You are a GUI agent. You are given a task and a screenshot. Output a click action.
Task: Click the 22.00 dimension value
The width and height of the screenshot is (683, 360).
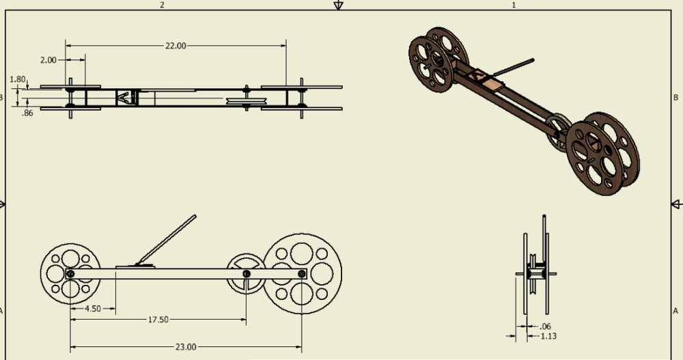[175, 46]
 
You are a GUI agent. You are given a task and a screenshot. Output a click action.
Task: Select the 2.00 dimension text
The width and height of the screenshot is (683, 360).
[48, 60]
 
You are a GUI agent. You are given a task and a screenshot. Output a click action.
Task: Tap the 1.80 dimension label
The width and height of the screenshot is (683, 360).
[18, 79]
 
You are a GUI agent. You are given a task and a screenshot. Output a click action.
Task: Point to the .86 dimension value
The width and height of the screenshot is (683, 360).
[27, 113]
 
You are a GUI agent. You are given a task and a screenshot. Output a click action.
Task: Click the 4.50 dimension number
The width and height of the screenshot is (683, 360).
[93, 309]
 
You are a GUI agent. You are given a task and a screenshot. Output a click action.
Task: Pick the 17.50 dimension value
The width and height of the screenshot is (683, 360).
[158, 320]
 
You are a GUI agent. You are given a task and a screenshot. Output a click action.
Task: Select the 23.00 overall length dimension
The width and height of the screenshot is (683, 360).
[186, 347]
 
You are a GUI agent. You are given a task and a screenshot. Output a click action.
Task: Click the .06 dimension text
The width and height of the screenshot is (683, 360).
[545, 326]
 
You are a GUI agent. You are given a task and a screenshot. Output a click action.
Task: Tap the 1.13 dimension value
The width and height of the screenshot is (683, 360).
[548, 336]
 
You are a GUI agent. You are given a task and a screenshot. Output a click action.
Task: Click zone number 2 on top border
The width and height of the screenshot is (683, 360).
[162, 5]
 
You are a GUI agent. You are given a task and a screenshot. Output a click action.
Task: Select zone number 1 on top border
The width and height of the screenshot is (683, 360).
[513, 5]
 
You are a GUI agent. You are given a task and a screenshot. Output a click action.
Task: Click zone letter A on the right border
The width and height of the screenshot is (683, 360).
[675, 310]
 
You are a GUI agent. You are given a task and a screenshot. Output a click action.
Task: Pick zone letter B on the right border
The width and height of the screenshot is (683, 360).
[675, 98]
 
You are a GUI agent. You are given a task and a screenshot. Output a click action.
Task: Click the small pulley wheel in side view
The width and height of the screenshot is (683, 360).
[246, 274]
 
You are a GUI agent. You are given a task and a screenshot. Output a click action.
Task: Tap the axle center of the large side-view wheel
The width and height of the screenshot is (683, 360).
[301, 274]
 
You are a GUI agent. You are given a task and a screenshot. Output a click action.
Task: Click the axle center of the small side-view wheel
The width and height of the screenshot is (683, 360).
[71, 274]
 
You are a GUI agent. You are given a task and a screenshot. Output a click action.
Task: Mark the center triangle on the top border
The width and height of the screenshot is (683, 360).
[337, 5]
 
